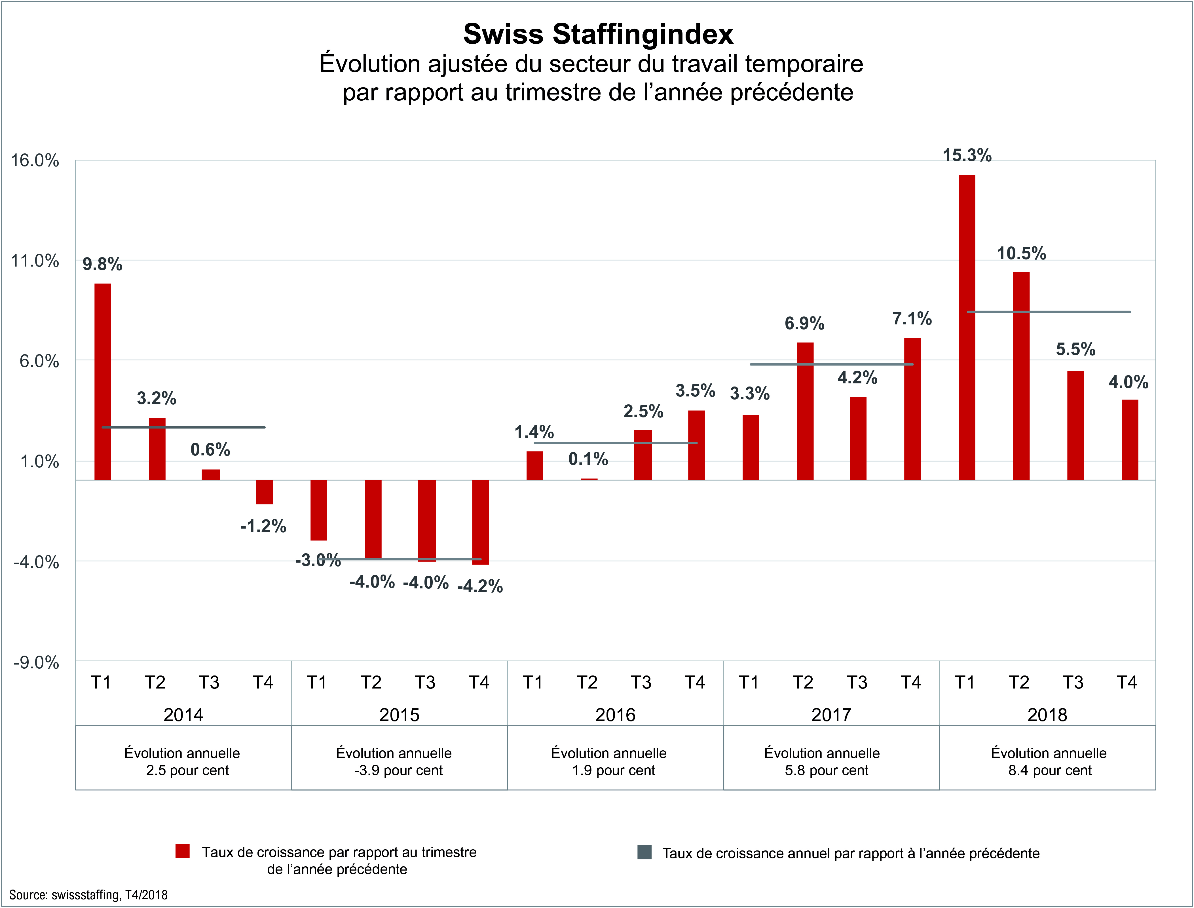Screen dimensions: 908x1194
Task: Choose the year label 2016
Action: (x=615, y=715)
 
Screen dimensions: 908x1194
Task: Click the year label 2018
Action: (x=1047, y=715)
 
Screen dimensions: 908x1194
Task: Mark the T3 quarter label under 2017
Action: (x=857, y=683)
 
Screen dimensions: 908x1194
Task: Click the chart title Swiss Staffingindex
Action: (x=598, y=34)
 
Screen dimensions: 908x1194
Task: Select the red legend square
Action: (x=183, y=851)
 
